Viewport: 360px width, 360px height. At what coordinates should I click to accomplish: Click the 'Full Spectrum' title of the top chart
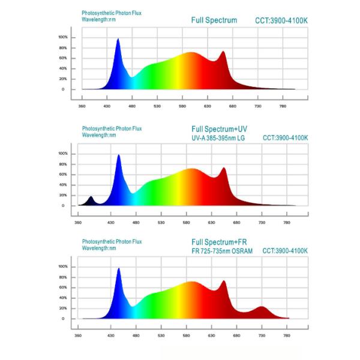point(214,20)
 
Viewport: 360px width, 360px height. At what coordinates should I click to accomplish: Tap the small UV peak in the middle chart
point(91,197)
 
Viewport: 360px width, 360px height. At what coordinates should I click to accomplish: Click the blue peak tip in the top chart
point(118,40)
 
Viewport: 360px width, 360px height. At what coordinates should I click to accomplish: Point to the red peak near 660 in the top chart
point(223,52)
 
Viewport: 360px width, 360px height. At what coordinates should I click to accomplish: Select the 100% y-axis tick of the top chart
point(63,37)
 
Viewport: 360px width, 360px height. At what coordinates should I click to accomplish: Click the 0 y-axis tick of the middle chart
point(62,206)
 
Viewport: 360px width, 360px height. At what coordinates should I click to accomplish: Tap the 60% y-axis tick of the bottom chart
point(62,287)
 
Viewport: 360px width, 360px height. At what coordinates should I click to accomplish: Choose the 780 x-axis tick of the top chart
point(283,106)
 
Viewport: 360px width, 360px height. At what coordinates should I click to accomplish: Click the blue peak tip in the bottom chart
point(118,269)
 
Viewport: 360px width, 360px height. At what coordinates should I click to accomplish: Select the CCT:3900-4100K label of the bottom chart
point(285,250)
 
